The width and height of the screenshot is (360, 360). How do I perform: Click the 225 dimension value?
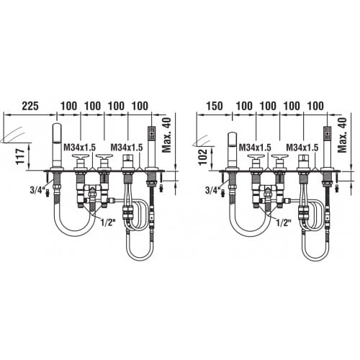pyautogui.click(x=30, y=106)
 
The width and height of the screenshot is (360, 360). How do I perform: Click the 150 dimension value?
pyautogui.click(x=215, y=106)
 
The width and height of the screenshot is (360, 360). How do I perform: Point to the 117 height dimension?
pyautogui.click(x=20, y=156)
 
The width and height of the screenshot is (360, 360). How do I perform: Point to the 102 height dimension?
pyautogui.click(x=203, y=157)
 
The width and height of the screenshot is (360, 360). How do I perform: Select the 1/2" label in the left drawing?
pyautogui.click(x=108, y=222)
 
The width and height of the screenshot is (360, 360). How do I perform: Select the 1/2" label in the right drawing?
pyautogui.click(x=284, y=222)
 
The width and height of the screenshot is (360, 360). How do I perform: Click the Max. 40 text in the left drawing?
pyautogui.click(x=166, y=135)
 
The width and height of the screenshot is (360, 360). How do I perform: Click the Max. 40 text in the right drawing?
pyautogui.click(x=342, y=135)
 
